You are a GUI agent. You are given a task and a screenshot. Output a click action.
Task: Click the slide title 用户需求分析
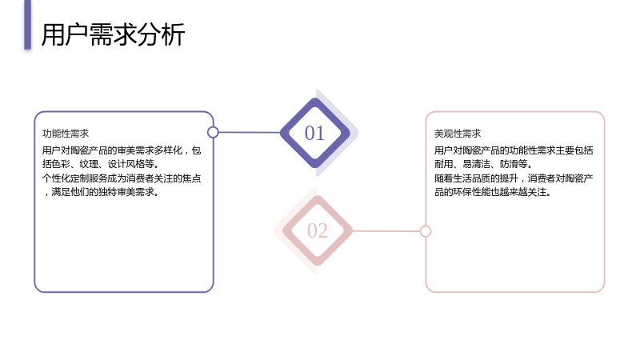click(113, 34)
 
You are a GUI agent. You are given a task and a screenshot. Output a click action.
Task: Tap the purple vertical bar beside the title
click(27, 25)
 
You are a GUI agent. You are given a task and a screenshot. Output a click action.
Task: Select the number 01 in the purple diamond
click(314, 133)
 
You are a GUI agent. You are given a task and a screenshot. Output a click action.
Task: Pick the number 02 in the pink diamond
click(318, 230)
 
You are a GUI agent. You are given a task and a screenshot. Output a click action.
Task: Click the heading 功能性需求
click(66, 134)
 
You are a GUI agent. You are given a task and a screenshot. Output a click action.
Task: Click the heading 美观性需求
click(458, 134)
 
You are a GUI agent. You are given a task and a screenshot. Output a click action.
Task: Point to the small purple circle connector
click(213, 132)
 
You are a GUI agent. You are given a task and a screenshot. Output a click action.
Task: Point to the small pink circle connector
click(426, 231)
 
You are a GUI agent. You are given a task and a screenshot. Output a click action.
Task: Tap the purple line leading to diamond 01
click(250, 132)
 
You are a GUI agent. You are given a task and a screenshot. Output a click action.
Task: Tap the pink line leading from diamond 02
click(386, 231)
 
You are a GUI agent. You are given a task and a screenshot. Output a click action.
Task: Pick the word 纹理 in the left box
click(89, 164)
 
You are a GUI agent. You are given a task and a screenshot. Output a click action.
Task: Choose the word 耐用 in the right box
click(444, 164)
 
